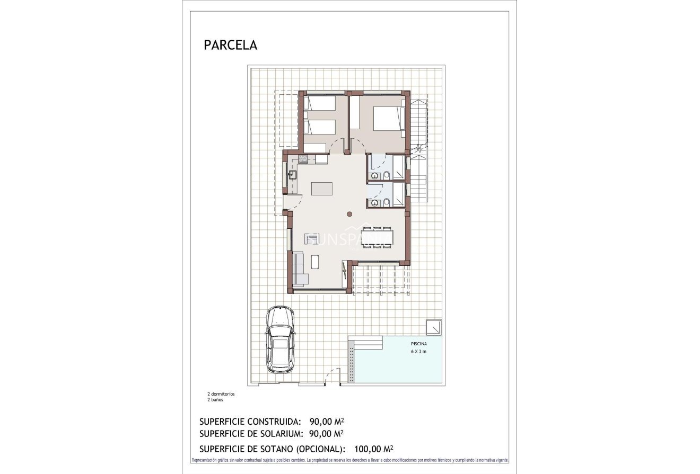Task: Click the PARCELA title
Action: [230, 45]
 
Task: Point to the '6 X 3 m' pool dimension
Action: [419, 352]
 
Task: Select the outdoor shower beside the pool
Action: [434, 327]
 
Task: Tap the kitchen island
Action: [322, 189]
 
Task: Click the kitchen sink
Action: [292, 173]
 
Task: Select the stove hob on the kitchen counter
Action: [303, 158]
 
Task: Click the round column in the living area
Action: [349, 214]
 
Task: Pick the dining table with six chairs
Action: [377, 237]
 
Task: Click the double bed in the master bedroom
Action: [389, 118]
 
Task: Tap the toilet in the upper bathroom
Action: [387, 175]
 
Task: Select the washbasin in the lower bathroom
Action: [375, 202]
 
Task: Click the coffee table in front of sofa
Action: [316, 261]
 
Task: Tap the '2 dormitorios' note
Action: [221, 394]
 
